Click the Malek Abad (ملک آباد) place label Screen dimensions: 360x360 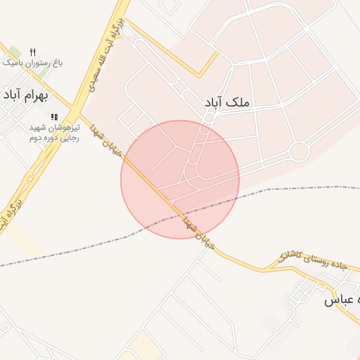226,103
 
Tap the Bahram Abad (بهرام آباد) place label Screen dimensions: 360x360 29,95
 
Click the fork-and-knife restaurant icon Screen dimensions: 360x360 32,52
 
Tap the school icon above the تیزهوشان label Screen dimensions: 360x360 54,117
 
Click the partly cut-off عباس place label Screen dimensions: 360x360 341,301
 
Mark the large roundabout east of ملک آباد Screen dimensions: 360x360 299,151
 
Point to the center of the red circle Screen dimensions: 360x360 180,179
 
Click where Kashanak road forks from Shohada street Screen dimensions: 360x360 266,269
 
